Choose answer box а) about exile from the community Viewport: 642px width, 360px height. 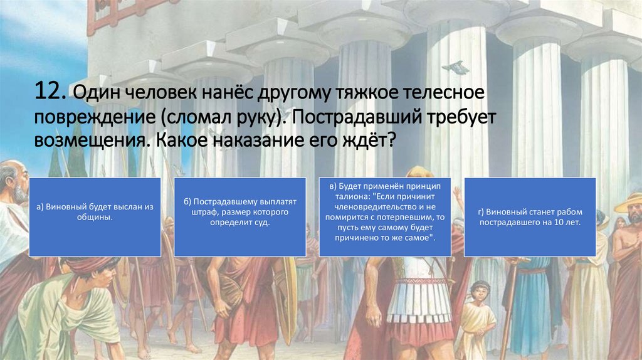(x=95, y=216)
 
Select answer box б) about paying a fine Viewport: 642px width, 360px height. (x=239, y=216)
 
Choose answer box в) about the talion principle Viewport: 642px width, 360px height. (x=384, y=216)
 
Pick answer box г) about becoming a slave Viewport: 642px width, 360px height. (x=529, y=216)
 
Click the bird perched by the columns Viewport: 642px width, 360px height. (x=456, y=66)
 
